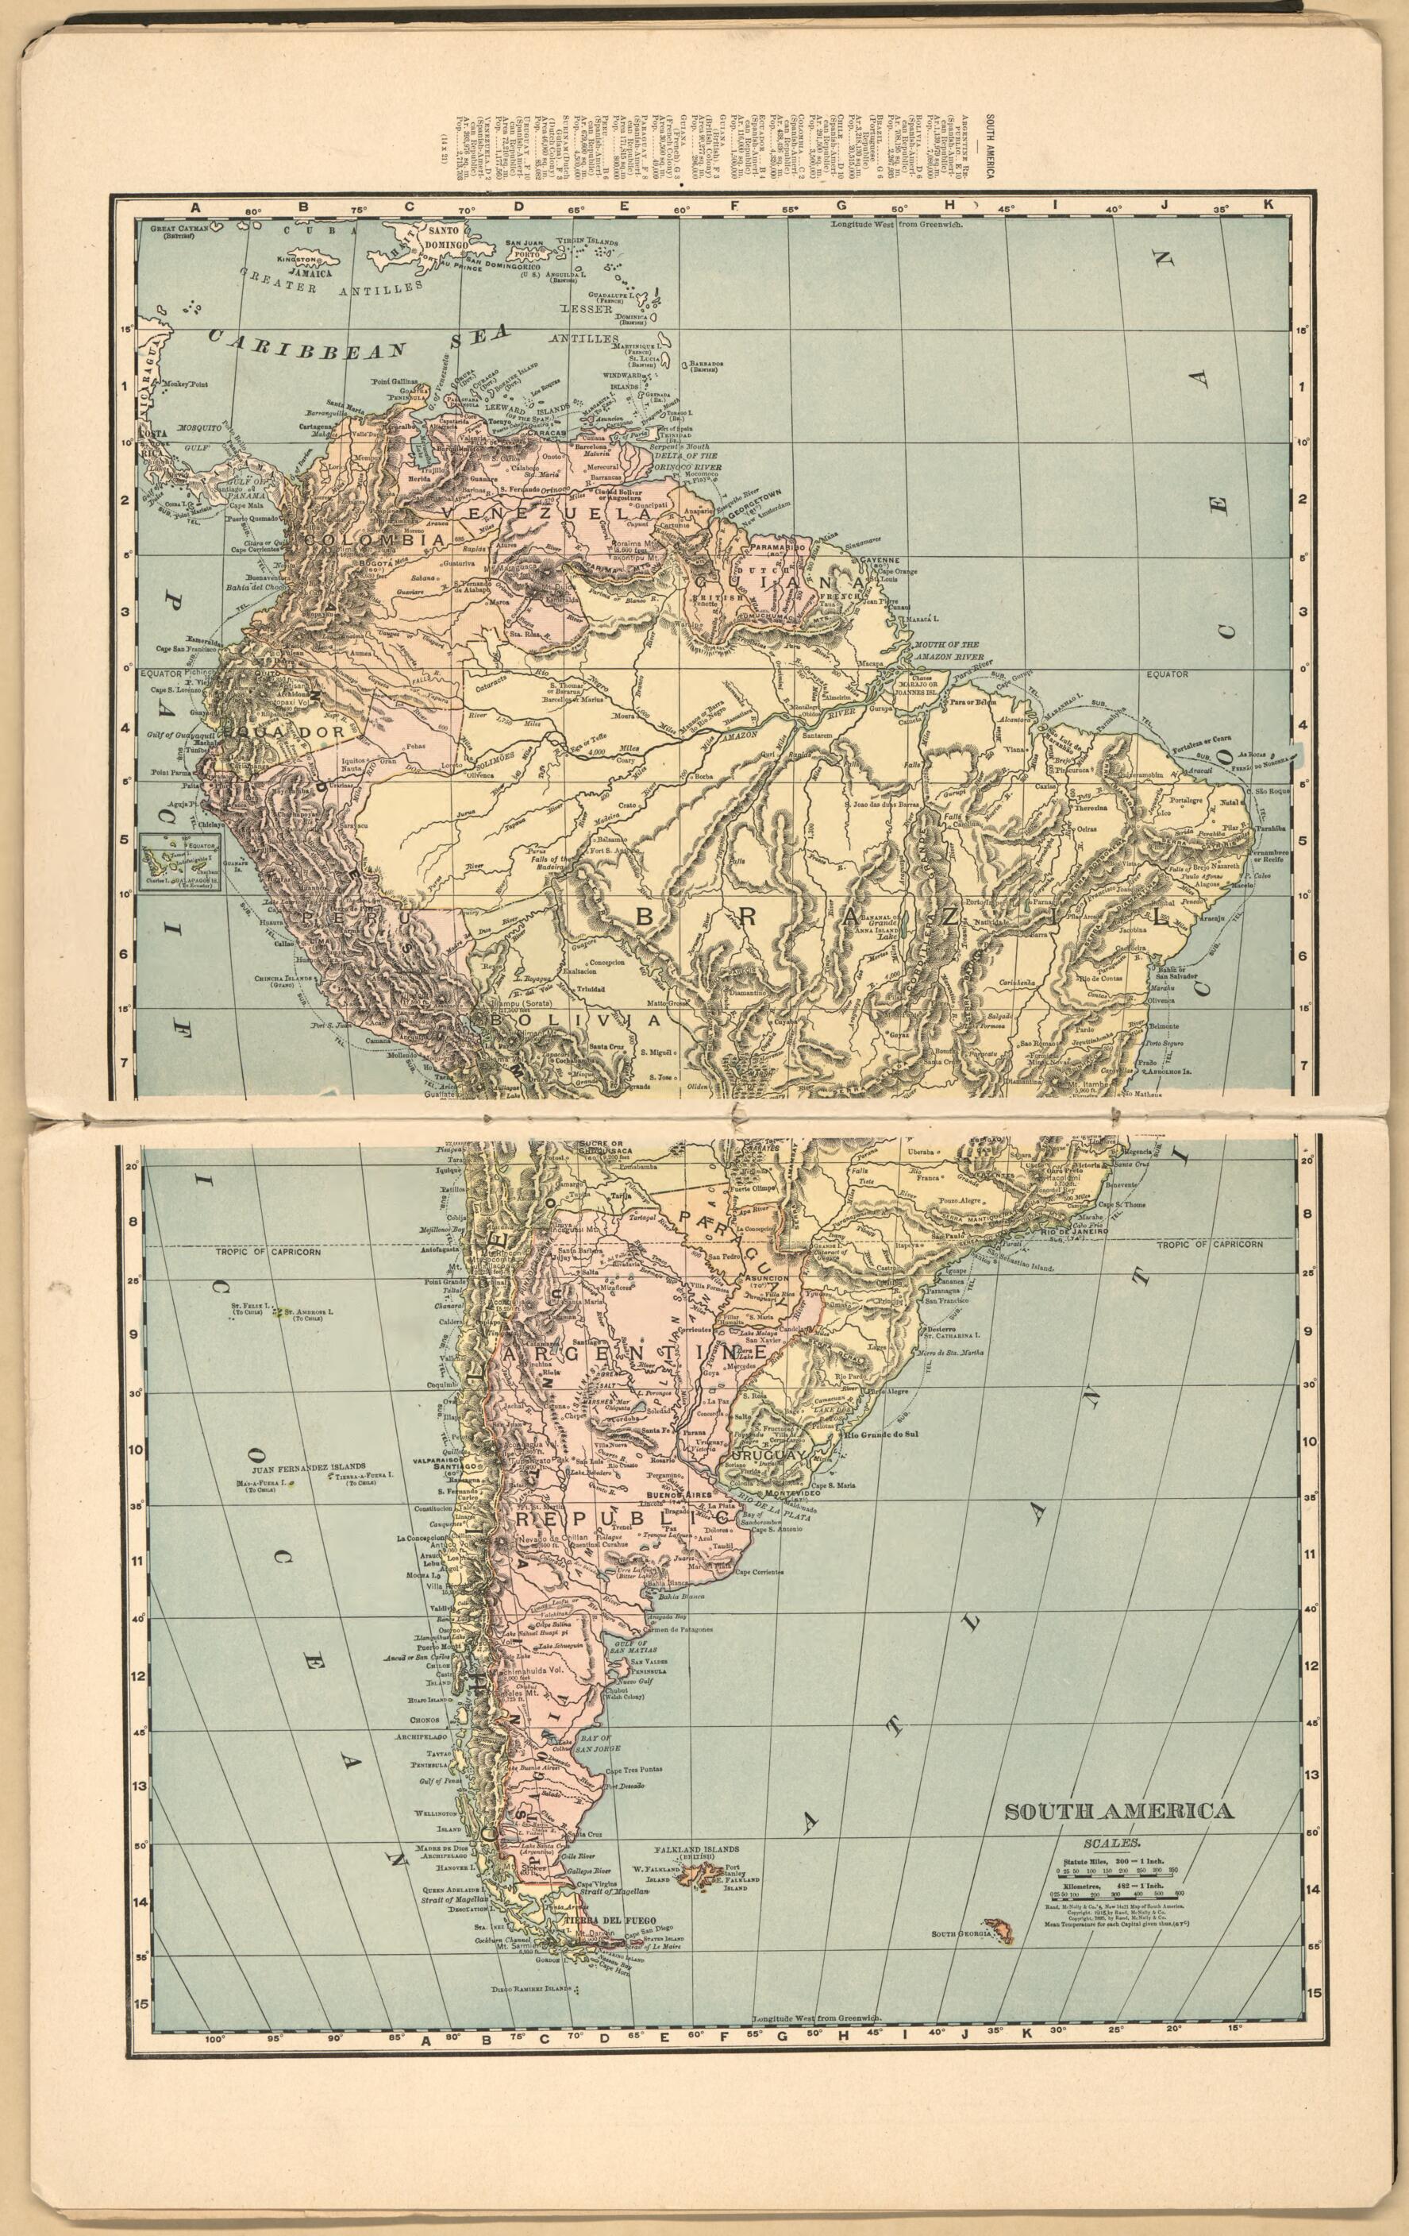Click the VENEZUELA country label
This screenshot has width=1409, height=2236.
(x=544, y=512)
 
